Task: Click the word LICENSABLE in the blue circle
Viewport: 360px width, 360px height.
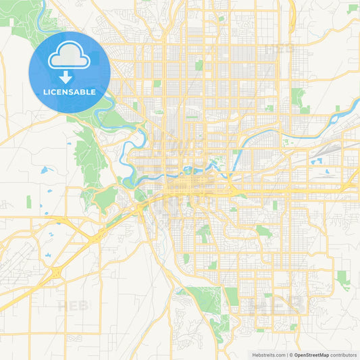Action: tap(69, 92)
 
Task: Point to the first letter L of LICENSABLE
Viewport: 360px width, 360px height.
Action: tap(45, 92)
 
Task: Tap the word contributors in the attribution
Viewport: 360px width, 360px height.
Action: tap(344, 354)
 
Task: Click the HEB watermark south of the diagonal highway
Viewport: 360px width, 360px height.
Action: tap(73, 306)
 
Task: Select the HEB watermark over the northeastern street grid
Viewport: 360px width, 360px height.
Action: tap(280, 49)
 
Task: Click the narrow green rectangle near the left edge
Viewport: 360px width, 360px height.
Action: tap(29, 201)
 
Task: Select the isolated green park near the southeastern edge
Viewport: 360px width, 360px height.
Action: tap(344, 277)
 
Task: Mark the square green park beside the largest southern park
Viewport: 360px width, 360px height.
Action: tap(232, 296)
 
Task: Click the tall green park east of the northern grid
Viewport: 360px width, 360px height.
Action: tap(298, 98)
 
